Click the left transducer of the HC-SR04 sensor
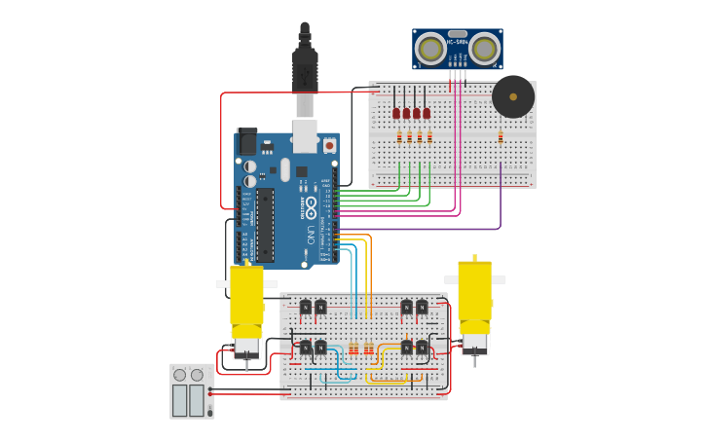coord(429,48)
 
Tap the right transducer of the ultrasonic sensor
coord(484,48)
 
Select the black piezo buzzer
coord(512,96)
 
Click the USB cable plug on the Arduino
coord(305,73)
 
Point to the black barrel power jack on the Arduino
coord(246,142)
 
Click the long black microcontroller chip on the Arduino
coord(265,225)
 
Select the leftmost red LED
coord(396,113)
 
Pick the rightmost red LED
coord(427,113)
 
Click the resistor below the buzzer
coord(501,136)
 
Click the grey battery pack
coord(191,391)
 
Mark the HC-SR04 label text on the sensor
coord(457,41)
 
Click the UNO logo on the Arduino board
coord(311,234)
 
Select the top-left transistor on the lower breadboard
coord(306,308)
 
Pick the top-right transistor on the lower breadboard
coord(422,308)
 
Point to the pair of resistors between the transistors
coord(360,348)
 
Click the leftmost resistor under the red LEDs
coord(399,136)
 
